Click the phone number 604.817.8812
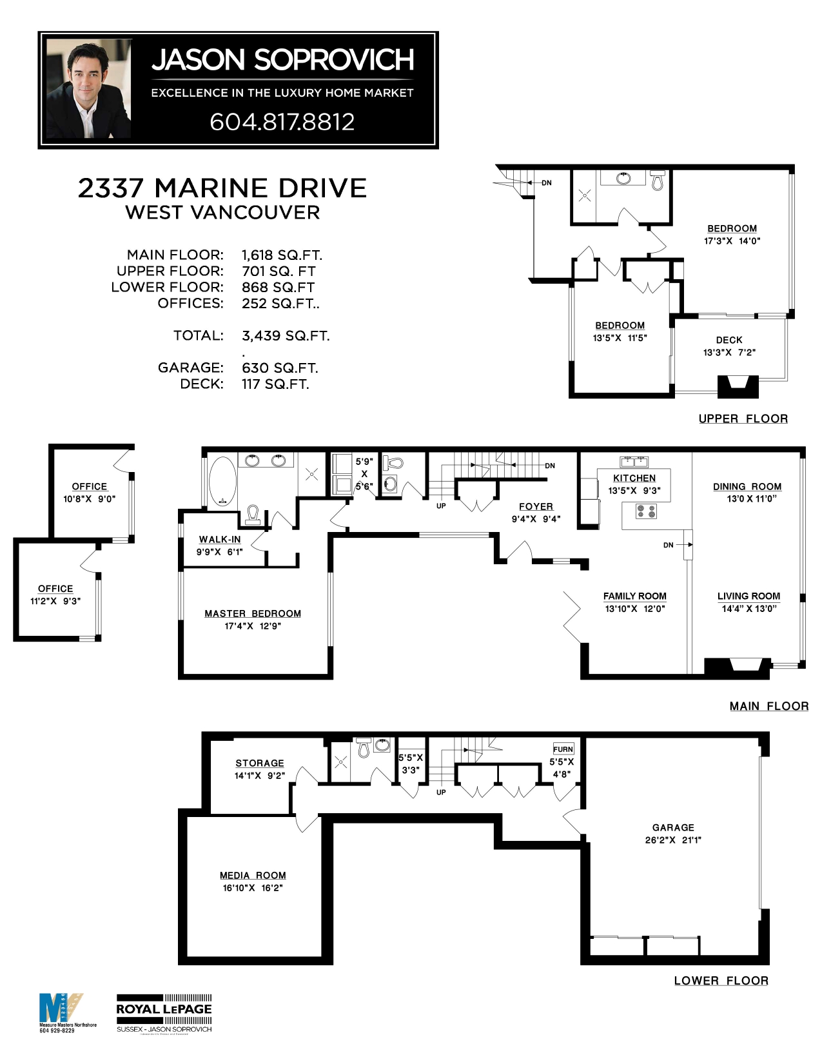pyautogui.click(x=282, y=122)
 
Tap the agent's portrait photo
pyautogui.click(x=89, y=89)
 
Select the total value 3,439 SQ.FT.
pyautogui.click(x=286, y=336)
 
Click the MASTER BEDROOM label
pyautogui.click(x=253, y=614)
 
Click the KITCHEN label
pyautogui.click(x=634, y=478)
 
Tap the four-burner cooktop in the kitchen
pyautogui.click(x=646, y=511)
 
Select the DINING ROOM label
pyautogui.click(x=747, y=487)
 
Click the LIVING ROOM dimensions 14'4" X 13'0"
pyautogui.click(x=749, y=609)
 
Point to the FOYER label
pyautogui.click(x=536, y=507)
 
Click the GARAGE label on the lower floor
pyautogui.click(x=673, y=827)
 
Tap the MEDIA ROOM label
pyautogui.click(x=253, y=876)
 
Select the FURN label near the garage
pyautogui.click(x=563, y=749)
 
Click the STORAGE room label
pyautogui.click(x=259, y=764)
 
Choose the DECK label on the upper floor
pyautogui.click(x=729, y=340)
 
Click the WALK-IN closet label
pyautogui.click(x=220, y=540)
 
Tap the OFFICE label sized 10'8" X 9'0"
pyautogui.click(x=90, y=487)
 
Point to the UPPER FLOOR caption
pyautogui.click(x=743, y=419)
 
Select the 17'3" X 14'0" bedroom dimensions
pyautogui.click(x=732, y=241)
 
